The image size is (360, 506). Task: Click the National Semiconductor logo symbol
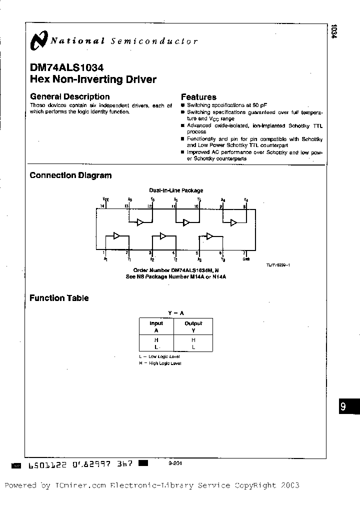pos(39,41)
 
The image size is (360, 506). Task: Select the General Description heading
pos(69,96)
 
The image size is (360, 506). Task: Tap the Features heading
pos(198,97)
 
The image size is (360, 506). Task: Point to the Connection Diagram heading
pos(70,175)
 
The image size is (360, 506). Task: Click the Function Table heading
pos(59,298)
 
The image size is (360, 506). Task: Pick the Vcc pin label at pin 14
pos(105,199)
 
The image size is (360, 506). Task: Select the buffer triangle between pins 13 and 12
pos(140,222)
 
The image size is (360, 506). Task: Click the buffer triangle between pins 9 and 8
pos(233,222)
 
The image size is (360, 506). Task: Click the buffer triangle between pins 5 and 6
pos(210,236)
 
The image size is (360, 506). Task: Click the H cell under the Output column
pos(193,339)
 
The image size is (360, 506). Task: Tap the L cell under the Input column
pos(156,346)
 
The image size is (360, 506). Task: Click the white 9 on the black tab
pos(343,406)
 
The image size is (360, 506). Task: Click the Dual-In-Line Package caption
pos(176,190)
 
